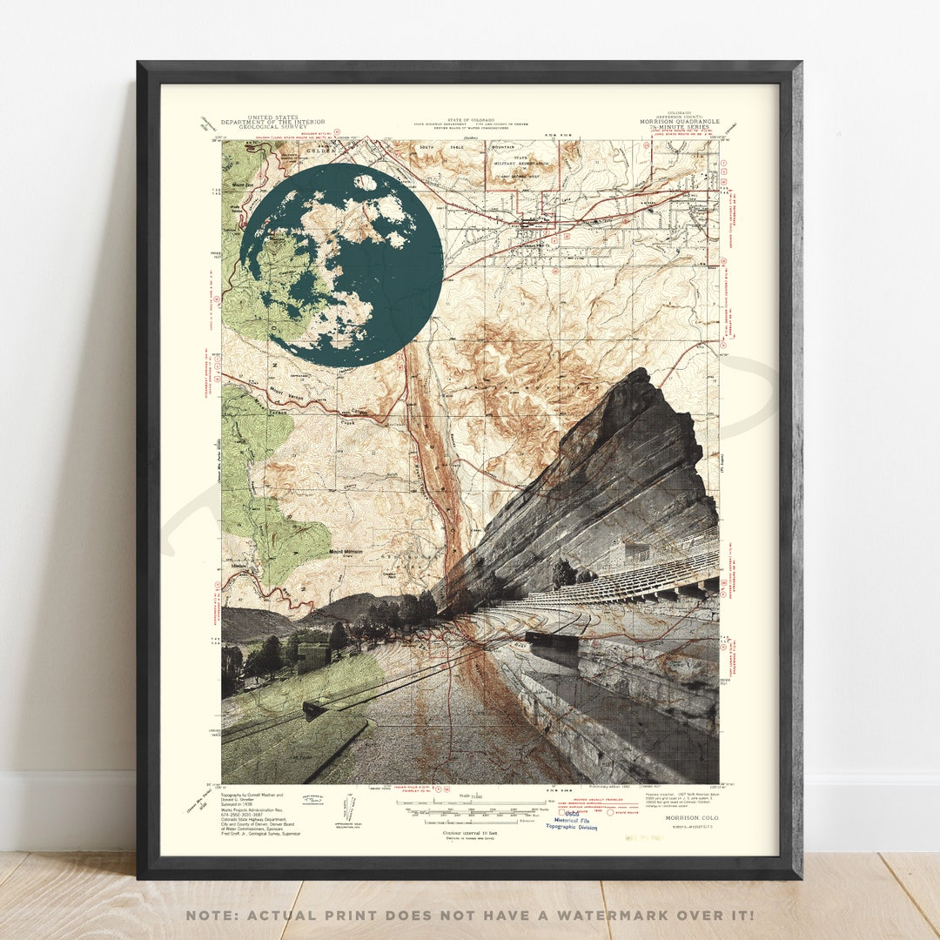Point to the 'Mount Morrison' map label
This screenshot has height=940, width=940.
point(346,552)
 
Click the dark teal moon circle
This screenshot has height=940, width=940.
point(341,265)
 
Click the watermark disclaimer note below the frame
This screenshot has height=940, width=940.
point(469,915)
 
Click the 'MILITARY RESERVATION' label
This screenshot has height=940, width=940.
point(526,163)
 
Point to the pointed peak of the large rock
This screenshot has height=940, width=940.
point(641,372)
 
